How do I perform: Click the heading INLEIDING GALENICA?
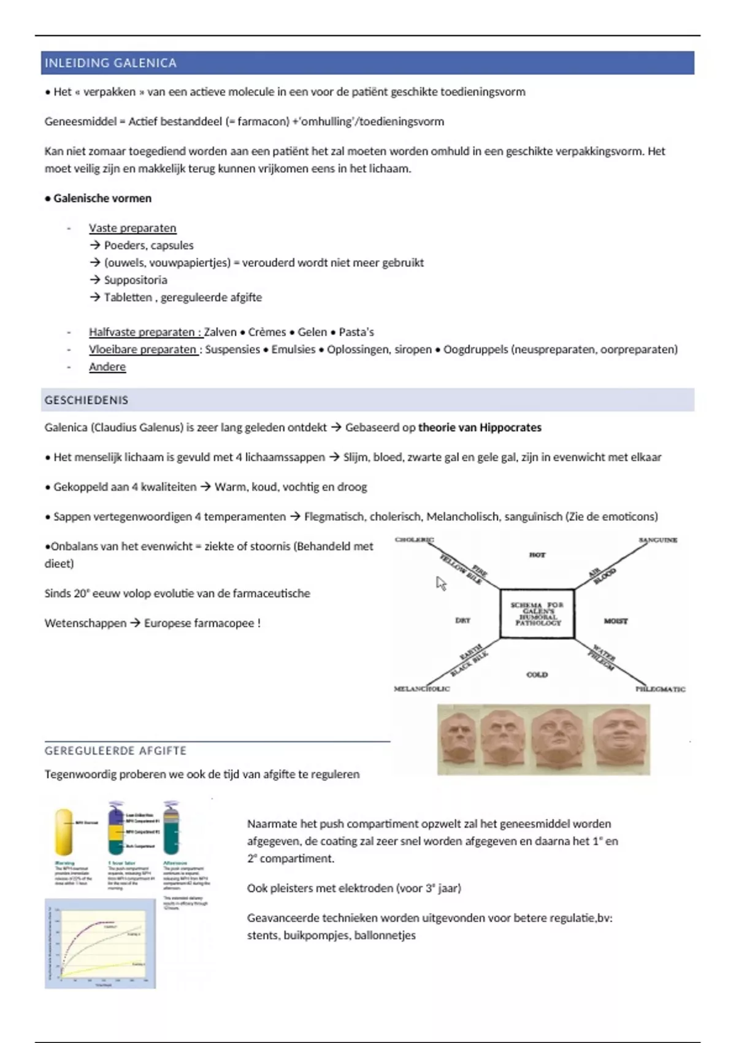click(110, 63)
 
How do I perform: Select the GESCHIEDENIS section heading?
click(86, 400)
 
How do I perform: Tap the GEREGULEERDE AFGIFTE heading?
click(115, 750)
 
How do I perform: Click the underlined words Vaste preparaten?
click(132, 228)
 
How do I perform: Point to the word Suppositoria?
click(136, 280)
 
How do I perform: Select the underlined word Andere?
click(107, 366)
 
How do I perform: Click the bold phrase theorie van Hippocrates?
click(480, 428)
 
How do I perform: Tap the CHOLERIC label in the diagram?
click(414, 540)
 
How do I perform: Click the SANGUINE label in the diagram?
click(657, 540)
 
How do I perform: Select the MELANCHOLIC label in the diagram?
click(421, 689)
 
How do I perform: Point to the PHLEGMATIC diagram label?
click(660, 689)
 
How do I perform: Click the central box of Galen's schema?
click(537, 614)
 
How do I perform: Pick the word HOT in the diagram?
click(537, 555)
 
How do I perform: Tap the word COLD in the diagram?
click(537, 674)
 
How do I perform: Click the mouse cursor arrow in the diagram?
click(441, 583)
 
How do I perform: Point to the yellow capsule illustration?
click(64, 831)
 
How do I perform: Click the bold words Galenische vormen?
click(102, 198)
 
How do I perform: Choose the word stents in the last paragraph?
click(262, 936)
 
